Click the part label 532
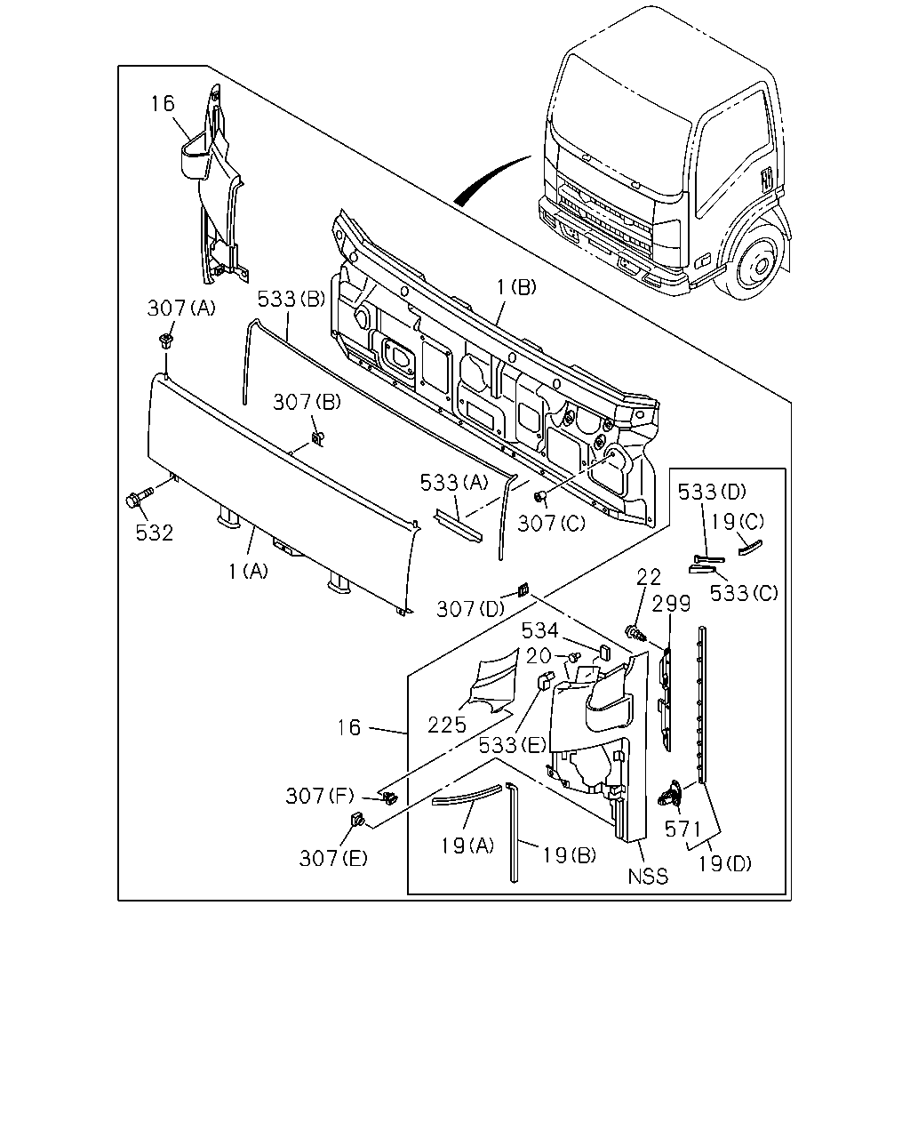155,533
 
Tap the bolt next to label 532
139,497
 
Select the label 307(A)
181,308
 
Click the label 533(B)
291,300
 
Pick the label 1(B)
516,287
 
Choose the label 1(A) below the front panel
248,571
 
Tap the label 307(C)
552,524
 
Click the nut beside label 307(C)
539,496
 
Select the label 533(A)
454,482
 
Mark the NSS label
648,877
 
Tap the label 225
447,725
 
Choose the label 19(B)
570,855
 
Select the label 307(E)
333,858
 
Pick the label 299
671,604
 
